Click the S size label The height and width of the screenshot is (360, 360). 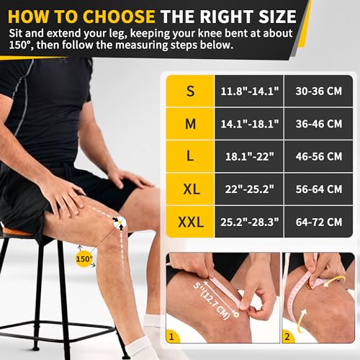point(190,92)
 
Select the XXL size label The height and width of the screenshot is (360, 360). point(190,221)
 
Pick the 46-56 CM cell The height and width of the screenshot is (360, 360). point(318,156)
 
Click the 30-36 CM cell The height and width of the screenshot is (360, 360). point(318,92)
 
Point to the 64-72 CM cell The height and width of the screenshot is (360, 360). point(318,221)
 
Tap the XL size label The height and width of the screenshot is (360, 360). point(190,189)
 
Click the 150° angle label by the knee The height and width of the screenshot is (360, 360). point(85,258)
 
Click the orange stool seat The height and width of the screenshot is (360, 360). point(16,232)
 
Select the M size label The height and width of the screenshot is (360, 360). point(190,124)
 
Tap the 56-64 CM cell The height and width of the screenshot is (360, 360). point(318,189)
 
